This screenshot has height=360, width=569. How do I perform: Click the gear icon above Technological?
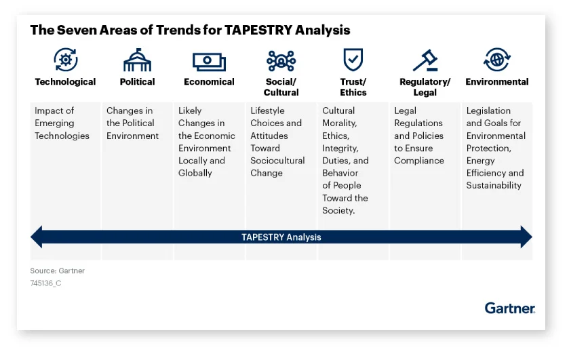(x=65, y=60)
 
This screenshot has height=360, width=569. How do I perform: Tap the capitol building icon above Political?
(x=137, y=60)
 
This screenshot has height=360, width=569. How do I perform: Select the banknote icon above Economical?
(x=209, y=62)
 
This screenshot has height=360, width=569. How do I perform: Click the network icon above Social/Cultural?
(x=281, y=60)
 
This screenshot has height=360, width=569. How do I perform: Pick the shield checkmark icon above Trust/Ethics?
(x=353, y=60)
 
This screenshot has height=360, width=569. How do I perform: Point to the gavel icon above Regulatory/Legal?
(x=425, y=60)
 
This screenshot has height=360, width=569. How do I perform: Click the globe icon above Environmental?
(x=497, y=60)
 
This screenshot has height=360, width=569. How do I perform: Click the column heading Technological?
(x=65, y=81)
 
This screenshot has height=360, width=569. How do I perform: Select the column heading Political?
(x=137, y=81)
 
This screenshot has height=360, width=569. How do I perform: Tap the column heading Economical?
(x=209, y=81)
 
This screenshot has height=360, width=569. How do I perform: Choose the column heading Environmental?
(x=497, y=81)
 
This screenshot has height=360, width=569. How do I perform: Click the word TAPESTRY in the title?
(x=258, y=30)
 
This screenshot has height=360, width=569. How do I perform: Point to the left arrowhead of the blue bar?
(x=37, y=237)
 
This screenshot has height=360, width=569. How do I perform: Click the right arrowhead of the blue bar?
(x=526, y=237)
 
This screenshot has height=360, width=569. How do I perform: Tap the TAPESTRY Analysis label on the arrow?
(x=281, y=237)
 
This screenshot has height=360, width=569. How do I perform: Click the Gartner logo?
(x=509, y=308)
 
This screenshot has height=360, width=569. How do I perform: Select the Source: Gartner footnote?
(x=58, y=271)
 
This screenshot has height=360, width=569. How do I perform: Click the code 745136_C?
(x=45, y=283)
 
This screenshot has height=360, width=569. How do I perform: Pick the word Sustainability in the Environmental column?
(x=494, y=186)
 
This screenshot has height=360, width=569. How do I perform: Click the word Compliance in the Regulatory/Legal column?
(x=418, y=161)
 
